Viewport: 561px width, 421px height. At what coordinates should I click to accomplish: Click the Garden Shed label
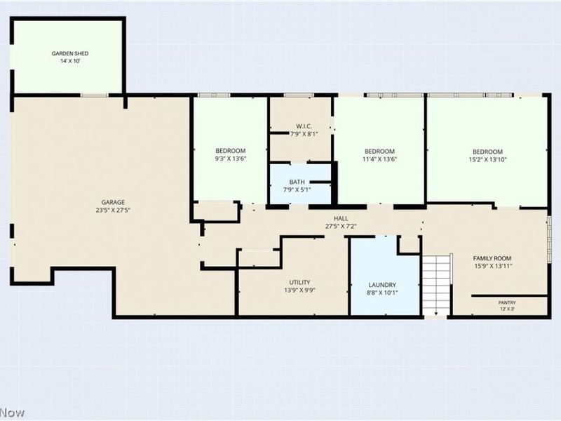pos(70,53)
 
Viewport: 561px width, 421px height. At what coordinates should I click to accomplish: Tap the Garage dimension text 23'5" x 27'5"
pos(112,210)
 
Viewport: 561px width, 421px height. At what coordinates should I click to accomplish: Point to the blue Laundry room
pos(383,277)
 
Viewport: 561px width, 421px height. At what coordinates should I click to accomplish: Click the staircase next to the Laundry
pos(436,284)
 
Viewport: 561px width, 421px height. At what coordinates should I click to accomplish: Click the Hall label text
pos(341,218)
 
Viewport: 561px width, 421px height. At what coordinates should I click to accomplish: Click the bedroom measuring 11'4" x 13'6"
pos(379,152)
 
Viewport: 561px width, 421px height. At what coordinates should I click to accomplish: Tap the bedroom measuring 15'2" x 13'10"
pos(487,152)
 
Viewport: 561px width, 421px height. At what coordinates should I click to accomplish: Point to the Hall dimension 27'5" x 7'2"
pos(341,226)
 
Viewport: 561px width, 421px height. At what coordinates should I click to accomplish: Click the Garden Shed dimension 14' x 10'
pos(70,61)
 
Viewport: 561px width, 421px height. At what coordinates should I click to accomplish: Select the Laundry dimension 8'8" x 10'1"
pos(383,293)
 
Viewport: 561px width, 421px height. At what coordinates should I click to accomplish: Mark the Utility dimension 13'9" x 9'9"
pos(295,290)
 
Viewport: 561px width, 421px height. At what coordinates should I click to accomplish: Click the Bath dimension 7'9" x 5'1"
pos(297,189)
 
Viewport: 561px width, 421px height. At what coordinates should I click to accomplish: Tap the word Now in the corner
pos(13,413)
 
